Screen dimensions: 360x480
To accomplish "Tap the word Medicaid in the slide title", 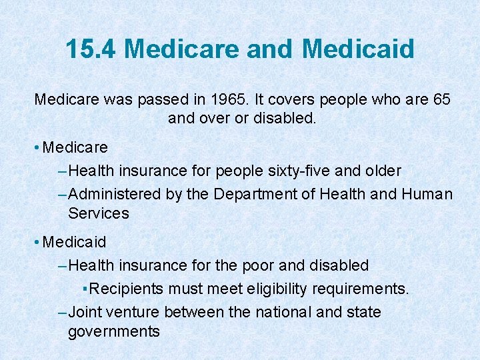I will (358, 49).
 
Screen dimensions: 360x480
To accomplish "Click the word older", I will (383, 171).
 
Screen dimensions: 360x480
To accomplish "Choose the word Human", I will (427, 194).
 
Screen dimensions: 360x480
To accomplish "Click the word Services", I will (99, 213).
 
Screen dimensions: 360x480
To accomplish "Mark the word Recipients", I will (127, 289).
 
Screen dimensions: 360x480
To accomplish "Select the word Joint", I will (83, 312).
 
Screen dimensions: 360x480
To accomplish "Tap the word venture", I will (130, 312).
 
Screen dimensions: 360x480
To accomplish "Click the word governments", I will (114, 331).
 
